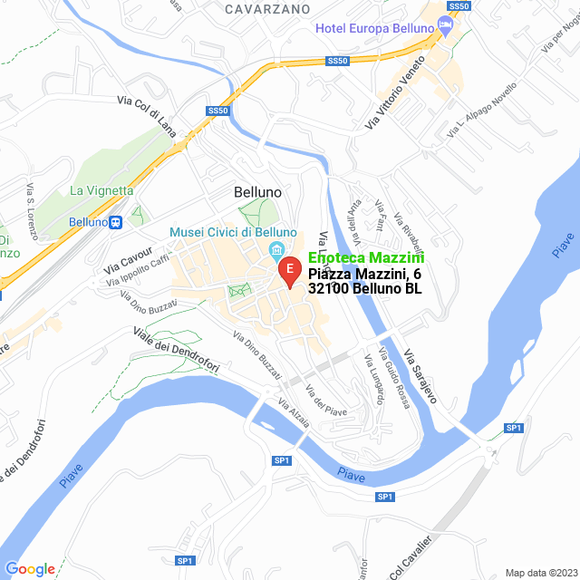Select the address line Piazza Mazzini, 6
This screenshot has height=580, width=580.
point(364,274)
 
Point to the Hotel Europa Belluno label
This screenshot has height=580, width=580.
point(375,28)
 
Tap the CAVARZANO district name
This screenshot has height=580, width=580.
point(269,8)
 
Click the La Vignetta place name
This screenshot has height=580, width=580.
point(101,190)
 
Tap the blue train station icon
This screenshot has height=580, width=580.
point(115,222)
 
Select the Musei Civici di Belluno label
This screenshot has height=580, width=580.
point(227,233)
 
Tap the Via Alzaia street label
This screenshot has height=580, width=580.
point(294,413)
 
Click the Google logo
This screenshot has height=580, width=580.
point(30,569)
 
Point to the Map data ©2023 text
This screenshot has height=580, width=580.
point(540,573)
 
